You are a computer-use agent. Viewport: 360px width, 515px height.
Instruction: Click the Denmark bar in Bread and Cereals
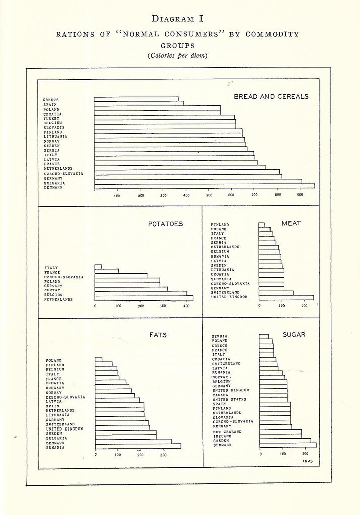pyautogui.click(x=204, y=186)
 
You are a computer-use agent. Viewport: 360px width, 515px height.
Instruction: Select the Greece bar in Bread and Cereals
pyautogui.click(x=136, y=99)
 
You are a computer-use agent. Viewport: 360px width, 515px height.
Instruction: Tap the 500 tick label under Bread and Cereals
pyautogui.click(x=209, y=195)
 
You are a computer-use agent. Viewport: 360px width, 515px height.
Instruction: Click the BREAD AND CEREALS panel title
pyautogui.click(x=271, y=96)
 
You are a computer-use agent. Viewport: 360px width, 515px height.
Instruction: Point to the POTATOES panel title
pyautogui.click(x=165, y=224)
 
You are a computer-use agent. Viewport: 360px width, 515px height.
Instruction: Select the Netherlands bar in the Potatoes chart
pyautogui.click(x=143, y=298)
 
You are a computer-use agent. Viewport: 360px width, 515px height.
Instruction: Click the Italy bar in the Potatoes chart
pyautogui.click(x=98, y=267)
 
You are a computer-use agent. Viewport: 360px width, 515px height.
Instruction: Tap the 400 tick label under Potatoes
pyautogui.click(x=186, y=306)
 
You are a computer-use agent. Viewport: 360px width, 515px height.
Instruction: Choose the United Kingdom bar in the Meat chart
pyautogui.click(x=287, y=298)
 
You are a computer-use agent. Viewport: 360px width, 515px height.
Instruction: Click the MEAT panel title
pyautogui.click(x=291, y=223)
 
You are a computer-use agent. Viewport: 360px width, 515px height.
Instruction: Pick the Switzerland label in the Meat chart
pyautogui.click(x=225, y=292)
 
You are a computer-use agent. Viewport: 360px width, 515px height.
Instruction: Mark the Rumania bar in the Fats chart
pyautogui.click(x=138, y=446)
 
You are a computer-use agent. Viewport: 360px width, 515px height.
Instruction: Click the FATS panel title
pyautogui.click(x=158, y=335)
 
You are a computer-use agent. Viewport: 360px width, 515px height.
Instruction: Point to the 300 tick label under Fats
pyautogui.click(x=163, y=455)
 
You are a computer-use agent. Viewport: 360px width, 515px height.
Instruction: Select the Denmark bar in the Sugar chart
pyautogui.click(x=288, y=445)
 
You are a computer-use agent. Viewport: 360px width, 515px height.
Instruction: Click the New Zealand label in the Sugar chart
pyautogui.click(x=227, y=431)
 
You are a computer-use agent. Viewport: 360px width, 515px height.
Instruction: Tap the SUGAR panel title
pyautogui.click(x=294, y=335)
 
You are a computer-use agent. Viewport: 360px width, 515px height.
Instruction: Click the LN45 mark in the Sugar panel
pyautogui.click(x=308, y=461)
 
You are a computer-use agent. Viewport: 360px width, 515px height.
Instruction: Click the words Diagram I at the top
pyautogui.click(x=177, y=19)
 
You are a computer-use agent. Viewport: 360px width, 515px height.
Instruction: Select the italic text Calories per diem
pyautogui.click(x=177, y=55)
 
